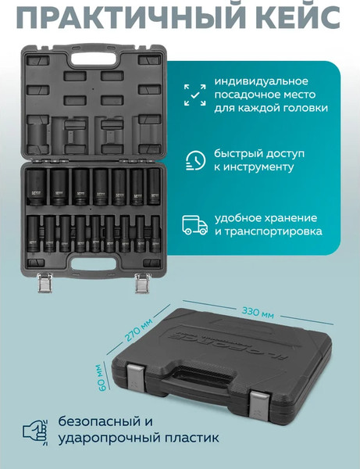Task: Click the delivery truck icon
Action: pos(195,224)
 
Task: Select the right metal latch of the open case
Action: pos(141,283)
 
